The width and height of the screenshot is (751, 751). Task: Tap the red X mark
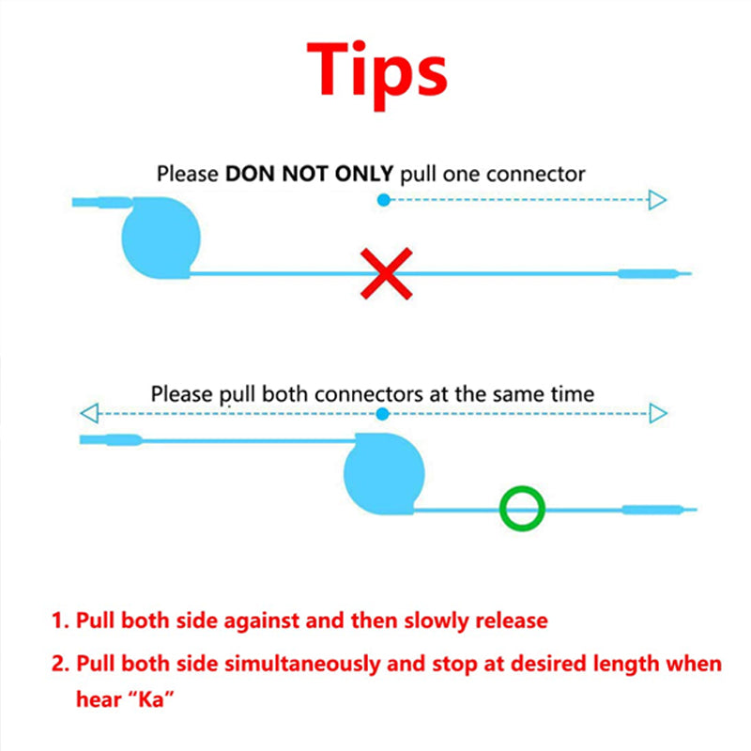point(386,273)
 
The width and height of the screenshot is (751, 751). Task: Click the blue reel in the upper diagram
point(161,238)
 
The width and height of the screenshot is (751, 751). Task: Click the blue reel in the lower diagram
point(384,474)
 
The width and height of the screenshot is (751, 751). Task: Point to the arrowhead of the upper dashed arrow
point(658,200)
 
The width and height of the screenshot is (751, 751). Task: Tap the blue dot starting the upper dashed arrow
point(384,200)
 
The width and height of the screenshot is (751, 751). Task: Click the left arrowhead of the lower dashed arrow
point(89,413)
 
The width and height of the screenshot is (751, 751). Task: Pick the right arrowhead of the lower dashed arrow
point(658,413)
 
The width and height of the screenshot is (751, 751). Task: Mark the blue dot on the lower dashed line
point(382,414)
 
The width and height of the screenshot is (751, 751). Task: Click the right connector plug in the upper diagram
point(654,274)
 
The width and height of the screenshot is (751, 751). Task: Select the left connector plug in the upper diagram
point(102,202)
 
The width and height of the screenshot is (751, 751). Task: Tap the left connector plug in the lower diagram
point(111,439)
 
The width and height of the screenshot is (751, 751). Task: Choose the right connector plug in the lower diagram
point(660,510)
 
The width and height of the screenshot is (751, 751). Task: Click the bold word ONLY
point(364,174)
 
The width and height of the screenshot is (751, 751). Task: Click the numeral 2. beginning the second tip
point(60,664)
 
